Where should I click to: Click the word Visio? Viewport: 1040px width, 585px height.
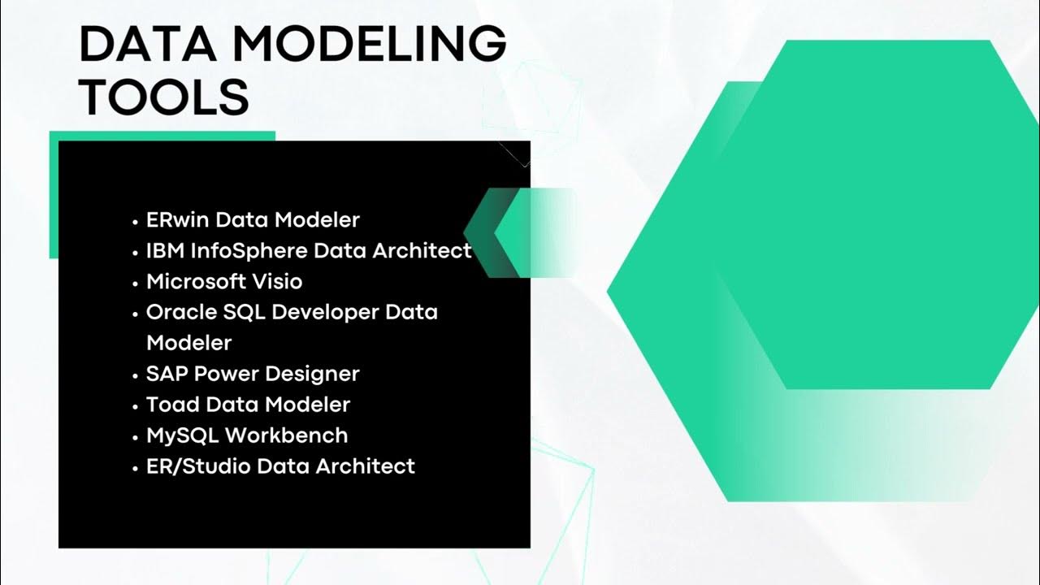(277, 281)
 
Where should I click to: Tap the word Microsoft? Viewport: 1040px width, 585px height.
(196, 281)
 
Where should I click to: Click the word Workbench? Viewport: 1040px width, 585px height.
(286, 435)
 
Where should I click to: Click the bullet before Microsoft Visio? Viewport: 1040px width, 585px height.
(136, 283)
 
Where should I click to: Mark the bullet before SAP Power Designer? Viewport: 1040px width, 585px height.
(136, 375)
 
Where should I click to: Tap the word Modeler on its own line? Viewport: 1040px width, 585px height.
(188, 343)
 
